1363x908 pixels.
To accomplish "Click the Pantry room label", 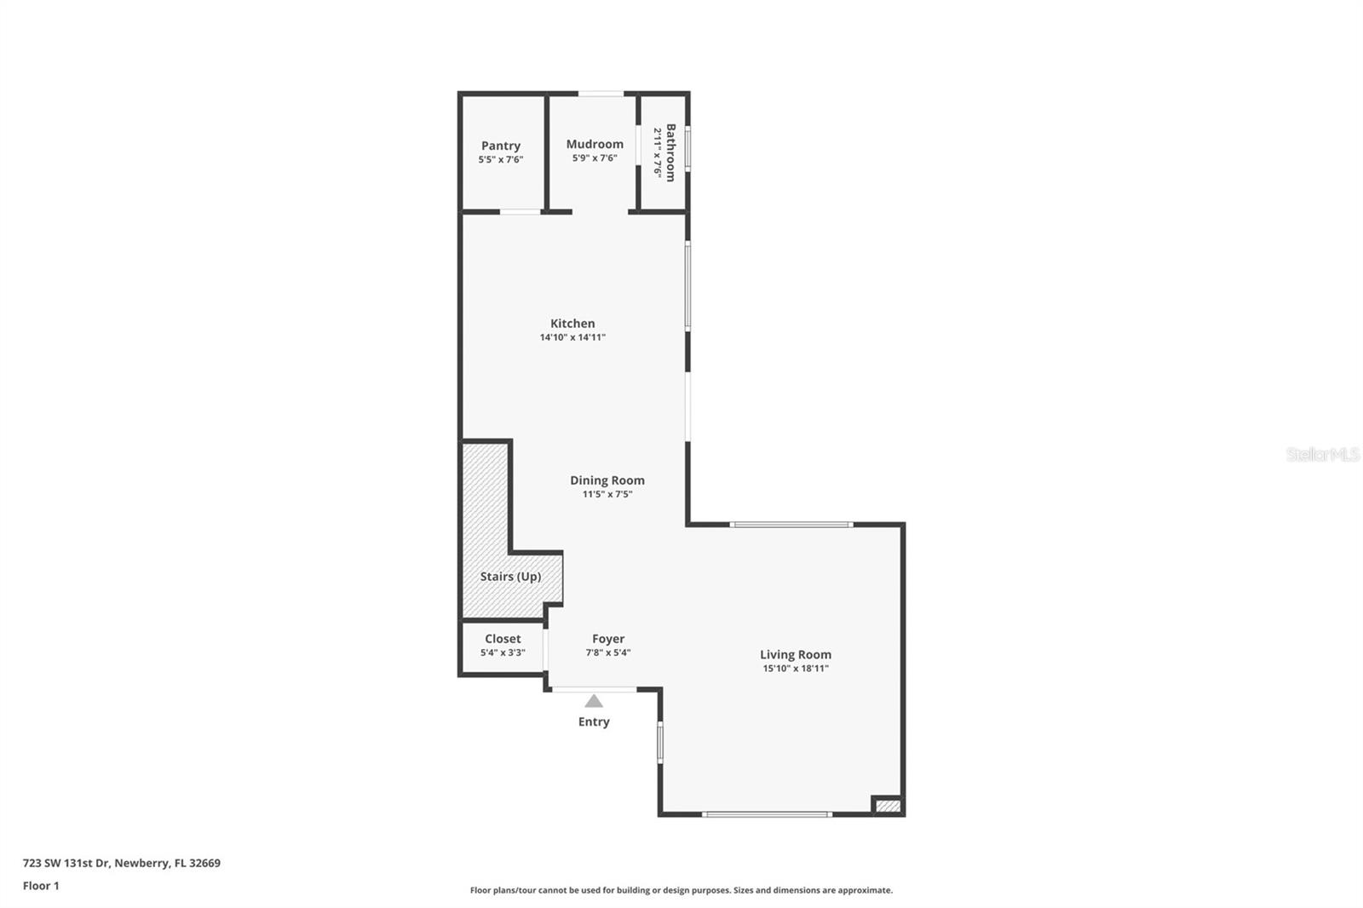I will click(x=501, y=146).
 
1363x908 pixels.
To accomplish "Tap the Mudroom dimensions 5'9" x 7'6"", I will click(x=595, y=158).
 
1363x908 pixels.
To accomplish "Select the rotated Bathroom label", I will click(x=670, y=152).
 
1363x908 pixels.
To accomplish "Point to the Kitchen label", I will click(x=572, y=323).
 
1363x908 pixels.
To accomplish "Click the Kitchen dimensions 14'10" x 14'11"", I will click(x=572, y=337).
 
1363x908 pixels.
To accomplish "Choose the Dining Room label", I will click(x=607, y=480).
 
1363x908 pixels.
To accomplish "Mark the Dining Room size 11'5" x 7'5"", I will click(x=607, y=494).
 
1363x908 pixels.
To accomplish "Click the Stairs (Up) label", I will click(x=510, y=577).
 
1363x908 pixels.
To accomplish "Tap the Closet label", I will click(x=503, y=639).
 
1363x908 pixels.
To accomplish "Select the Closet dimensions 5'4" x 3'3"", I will click(x=503, y=652).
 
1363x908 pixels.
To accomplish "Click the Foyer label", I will click(x=608, y=639).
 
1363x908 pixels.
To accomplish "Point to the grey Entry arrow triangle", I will click(x=594, y=701).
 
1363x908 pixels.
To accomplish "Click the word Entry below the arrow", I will click(x=594, y=721).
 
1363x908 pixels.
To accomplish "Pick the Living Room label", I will click(x=796, y=654).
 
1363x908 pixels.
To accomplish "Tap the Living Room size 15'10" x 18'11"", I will click(x=796, y=669).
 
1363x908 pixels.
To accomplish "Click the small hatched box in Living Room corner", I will click(x=888, y=805).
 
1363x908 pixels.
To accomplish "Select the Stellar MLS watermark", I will click(x=1322, y=454).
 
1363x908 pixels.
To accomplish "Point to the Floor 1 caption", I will click(x=41, y=886).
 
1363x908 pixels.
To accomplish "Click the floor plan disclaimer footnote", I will click(x=681, y=890).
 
